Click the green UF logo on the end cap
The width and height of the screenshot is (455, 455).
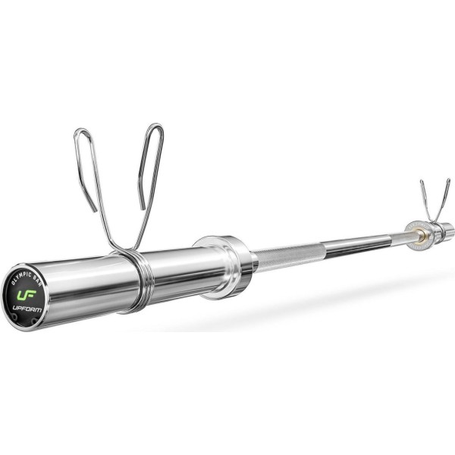27,295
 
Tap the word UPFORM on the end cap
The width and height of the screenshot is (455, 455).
27,309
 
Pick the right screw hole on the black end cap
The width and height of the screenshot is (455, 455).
35,321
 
